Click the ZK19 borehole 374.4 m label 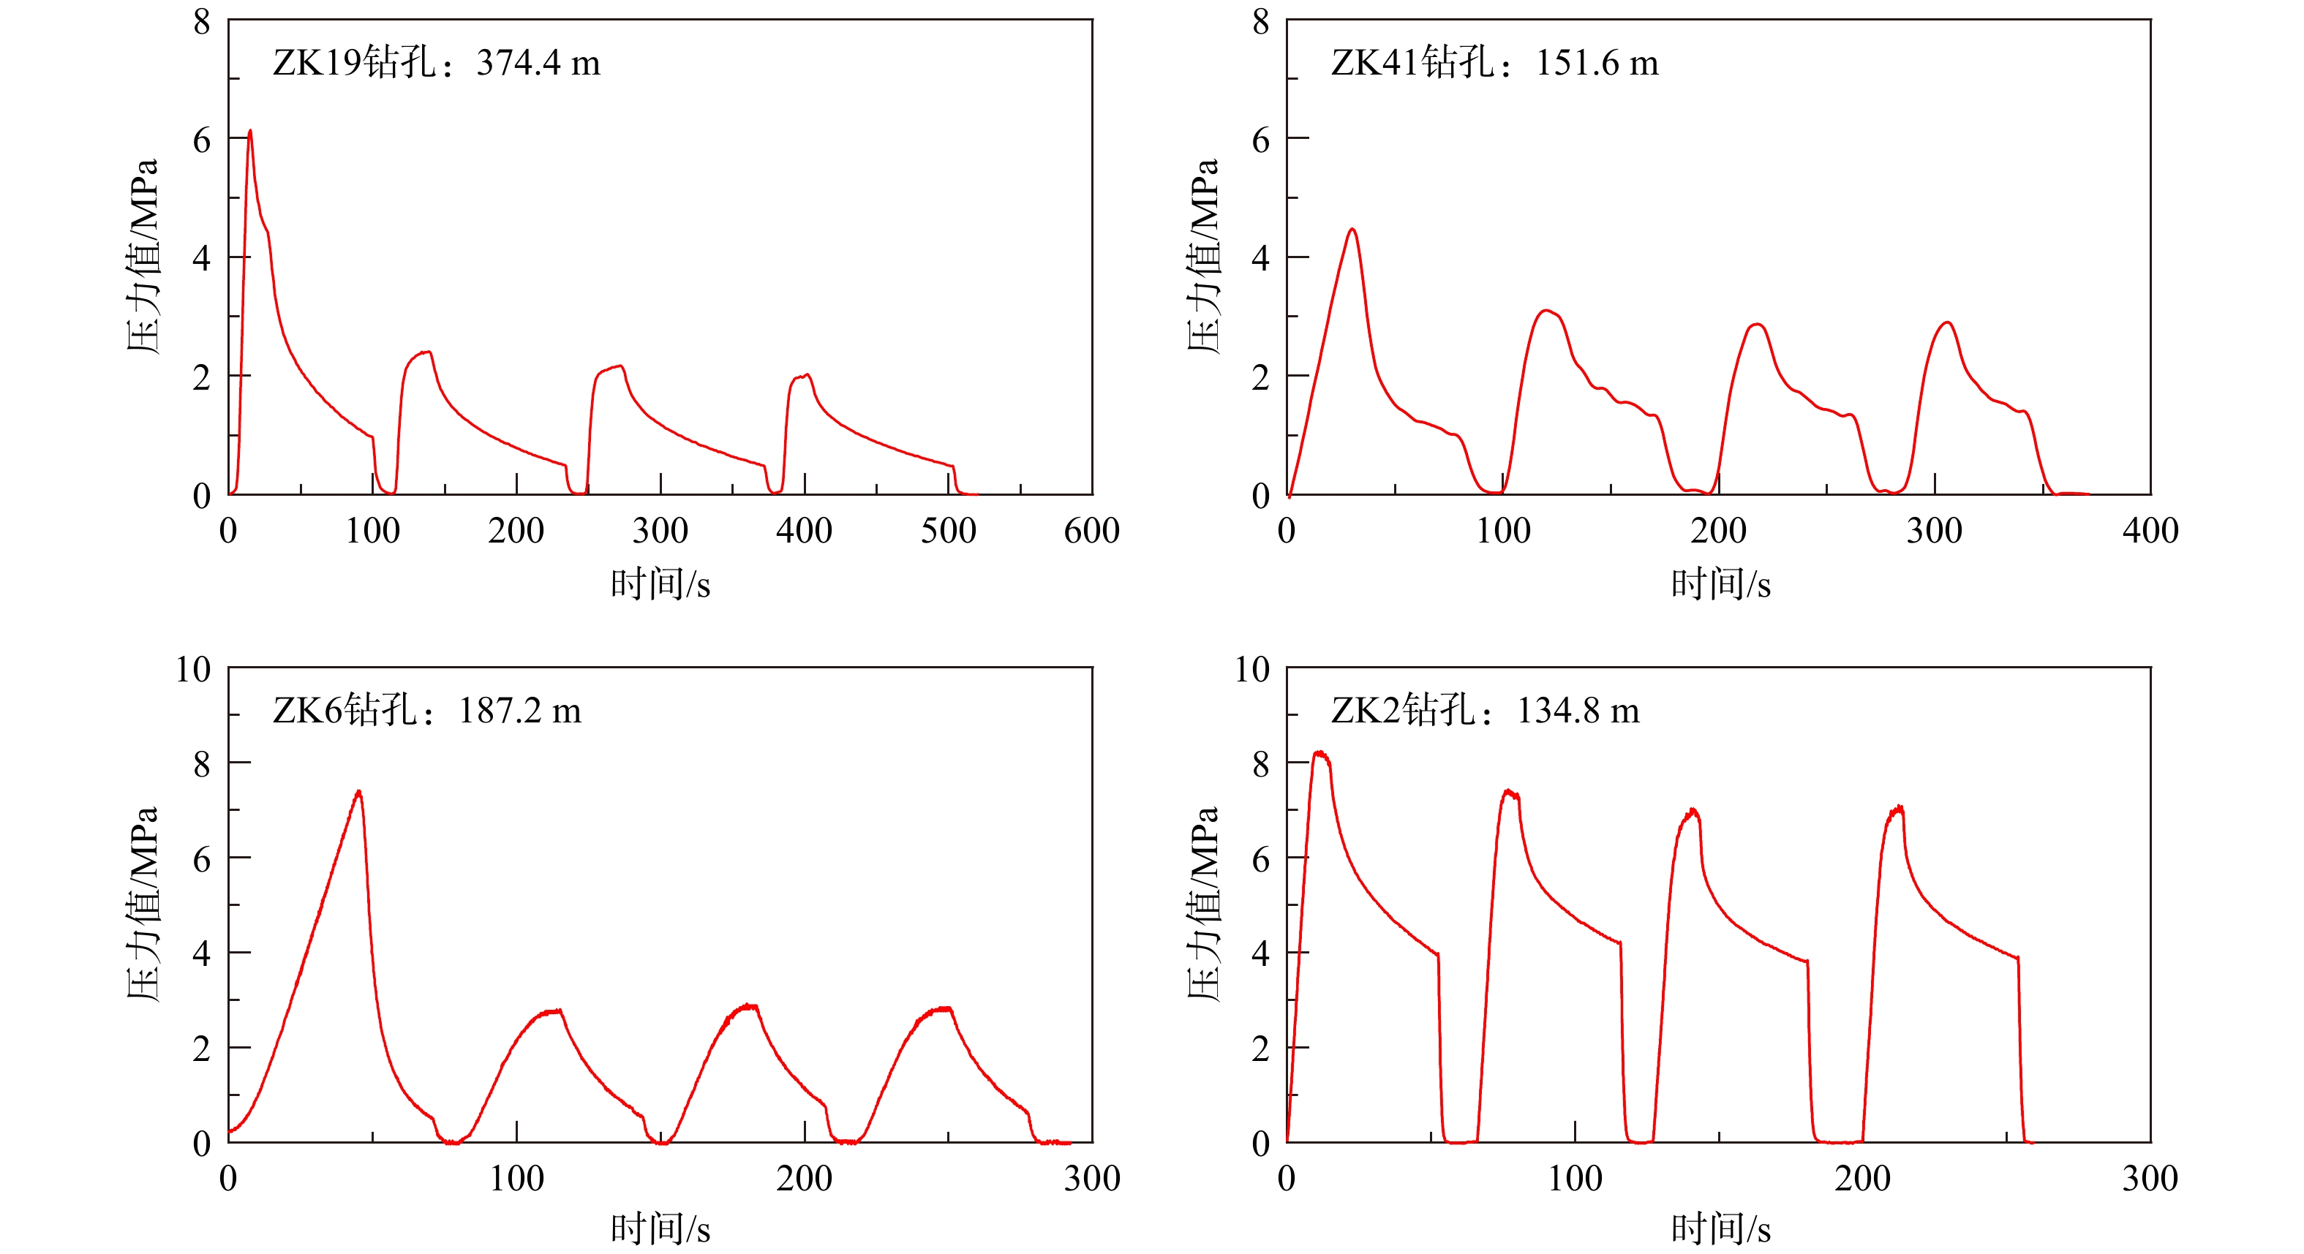(437, 63)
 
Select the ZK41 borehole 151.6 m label (1494, 63)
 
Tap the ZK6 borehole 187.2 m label (426, 711)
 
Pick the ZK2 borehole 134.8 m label (1485, 711)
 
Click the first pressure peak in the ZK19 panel (249, 132)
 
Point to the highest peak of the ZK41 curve (1352, 230)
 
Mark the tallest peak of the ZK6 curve (358, 792)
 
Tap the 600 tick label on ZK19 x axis (1091, 532)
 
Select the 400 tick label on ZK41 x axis (2150, 532)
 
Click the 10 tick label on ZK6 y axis (193, 669)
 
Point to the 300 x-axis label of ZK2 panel (2150, 1179)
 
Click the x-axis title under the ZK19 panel (660, 584)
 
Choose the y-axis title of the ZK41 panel (1203, 257)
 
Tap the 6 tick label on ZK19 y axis (202, 140)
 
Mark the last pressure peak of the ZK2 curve (1898, 809)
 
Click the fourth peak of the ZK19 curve (807, 375)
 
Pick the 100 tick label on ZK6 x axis (516, 1179)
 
